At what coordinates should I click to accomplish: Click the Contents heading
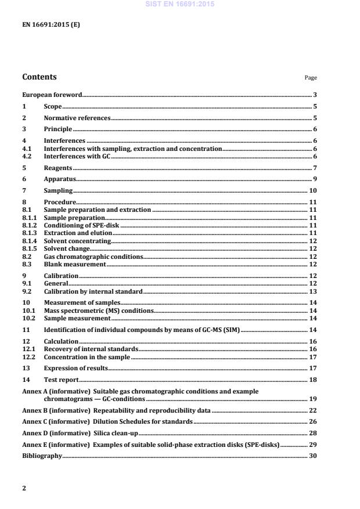click(39, 77)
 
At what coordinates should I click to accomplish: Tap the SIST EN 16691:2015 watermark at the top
click(180, 4)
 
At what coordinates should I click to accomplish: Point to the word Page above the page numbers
click(311, 78)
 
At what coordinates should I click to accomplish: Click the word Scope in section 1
click(53, 107)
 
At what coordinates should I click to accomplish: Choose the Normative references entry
click(77, 118)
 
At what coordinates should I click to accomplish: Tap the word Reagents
click(58, 168)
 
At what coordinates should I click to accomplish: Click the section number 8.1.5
click(29, 248)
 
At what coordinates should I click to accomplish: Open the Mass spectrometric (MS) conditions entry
click(99, 311)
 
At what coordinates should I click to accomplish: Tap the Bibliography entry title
click(42, 456)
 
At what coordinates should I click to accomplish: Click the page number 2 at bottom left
click(24, 488)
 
